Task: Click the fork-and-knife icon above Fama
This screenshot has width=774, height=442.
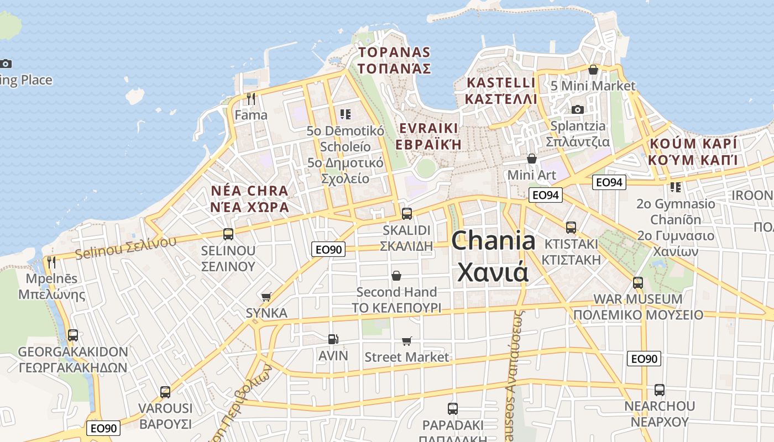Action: tap(251, 99)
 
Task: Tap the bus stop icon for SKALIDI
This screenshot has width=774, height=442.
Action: tap(407, 213)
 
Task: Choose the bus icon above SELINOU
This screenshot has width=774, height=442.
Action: tap(228, 234)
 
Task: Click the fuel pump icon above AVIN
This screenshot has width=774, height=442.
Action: tap(333, 339)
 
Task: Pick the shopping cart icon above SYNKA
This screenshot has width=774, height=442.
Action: tap(266, 297)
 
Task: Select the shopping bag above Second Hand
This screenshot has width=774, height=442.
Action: tap(396, 275)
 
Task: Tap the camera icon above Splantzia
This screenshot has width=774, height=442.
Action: tap(578, 109)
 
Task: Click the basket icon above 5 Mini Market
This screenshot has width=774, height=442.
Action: tap(593, 70)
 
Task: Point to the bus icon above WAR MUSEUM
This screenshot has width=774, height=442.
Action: tap(638, 283)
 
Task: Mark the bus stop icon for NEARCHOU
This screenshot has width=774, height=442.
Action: tap(659, 390)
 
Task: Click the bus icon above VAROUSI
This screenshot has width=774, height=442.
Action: tap(165, 392)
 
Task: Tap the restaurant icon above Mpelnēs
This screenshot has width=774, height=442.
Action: tap(51, 262)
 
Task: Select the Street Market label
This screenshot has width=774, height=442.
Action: tap(406, 357)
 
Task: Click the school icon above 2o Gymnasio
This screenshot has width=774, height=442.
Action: tap(675, 187)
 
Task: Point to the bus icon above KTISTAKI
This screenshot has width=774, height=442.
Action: tap(571, 227)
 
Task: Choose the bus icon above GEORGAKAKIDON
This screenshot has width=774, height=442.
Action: tap(72, 335)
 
